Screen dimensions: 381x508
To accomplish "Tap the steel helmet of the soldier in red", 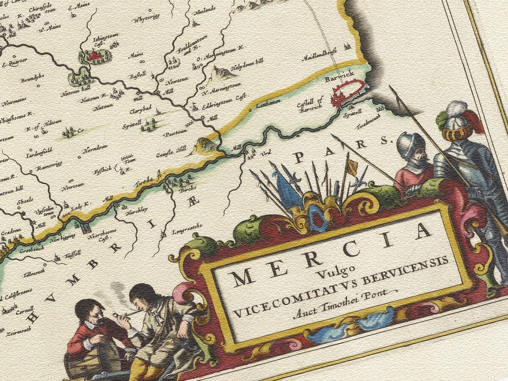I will click(410, 145).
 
